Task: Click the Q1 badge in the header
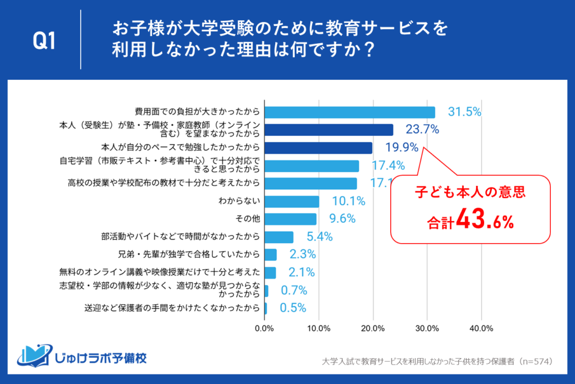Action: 44,41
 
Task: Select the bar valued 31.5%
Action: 349,112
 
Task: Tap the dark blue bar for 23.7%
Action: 328,130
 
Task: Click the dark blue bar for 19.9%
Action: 318,148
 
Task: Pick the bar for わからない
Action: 291,201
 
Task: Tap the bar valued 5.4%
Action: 279,237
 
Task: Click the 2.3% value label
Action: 303,254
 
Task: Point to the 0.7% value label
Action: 293,290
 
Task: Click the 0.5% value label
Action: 292,308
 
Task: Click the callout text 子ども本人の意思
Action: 469,193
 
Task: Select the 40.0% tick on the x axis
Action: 481,328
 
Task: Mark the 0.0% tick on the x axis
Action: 264,328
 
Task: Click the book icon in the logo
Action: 35,355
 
